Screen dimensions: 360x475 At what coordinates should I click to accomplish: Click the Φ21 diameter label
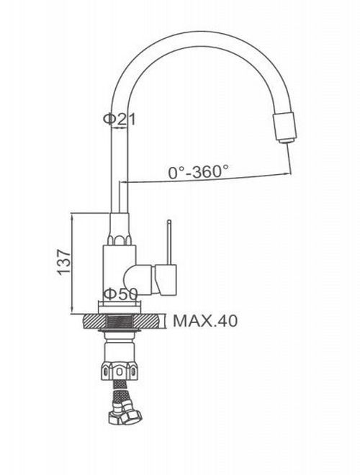[120, 119]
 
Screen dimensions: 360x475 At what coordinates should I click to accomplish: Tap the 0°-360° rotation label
[199, 171]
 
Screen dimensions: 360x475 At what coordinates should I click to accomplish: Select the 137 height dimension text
[64, 263]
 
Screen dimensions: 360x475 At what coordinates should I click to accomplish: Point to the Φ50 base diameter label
[120, 294]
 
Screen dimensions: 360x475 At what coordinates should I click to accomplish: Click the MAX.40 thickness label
[205, 321]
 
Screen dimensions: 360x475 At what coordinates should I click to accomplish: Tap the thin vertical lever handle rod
[169, 243]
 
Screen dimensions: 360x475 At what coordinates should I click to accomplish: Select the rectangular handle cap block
[166, 280]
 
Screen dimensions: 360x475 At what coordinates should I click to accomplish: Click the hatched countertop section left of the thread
[94, 322]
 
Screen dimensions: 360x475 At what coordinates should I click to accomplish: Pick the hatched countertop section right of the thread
[146, 322]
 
